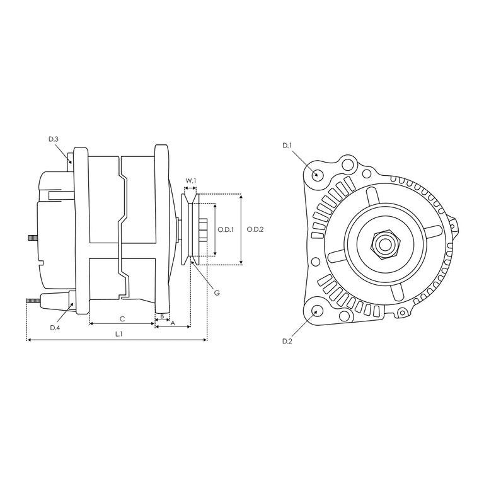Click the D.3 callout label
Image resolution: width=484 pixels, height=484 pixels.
click(x=54, y=139)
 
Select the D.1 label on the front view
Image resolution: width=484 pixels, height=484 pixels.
click(x=287, y=146)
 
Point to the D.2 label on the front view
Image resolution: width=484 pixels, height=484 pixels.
click(x=287, y=341)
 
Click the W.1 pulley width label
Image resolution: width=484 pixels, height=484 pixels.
click(x=190, y=181)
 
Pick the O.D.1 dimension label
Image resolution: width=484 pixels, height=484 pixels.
click(x=226, y=230)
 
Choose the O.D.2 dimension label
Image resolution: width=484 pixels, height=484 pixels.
click(x=255, y=230)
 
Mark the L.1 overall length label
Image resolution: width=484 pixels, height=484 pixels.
click(x=118, y=334)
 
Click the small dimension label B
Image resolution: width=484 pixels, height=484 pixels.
click(x=162, y=316)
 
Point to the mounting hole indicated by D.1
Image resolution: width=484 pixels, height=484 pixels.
click(x=318, y=174)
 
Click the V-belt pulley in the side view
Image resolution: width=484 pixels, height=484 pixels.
click(x=190, y=230)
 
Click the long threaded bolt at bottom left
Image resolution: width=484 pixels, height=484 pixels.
click(x=34, y=301)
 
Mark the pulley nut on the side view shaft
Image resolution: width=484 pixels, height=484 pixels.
click(x=202, y=230)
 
